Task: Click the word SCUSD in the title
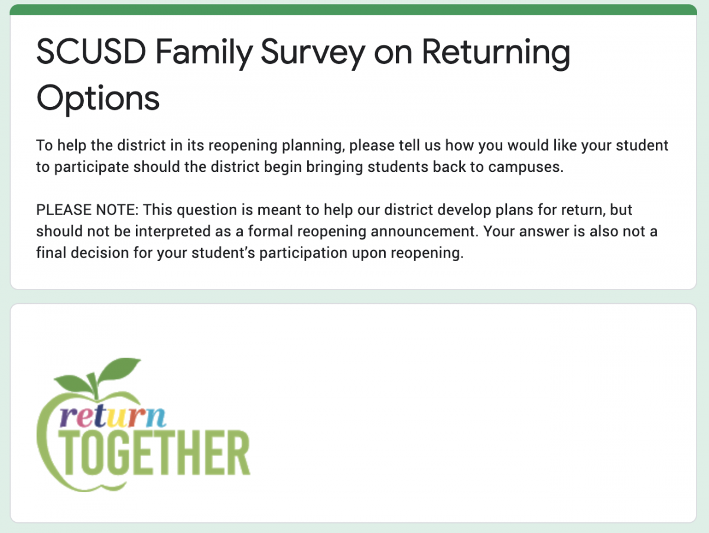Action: [91, 52]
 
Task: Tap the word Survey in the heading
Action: [313, 54]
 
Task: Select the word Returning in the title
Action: [496, 54]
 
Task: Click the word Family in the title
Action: [204, 54]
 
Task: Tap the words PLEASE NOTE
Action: [87, 210]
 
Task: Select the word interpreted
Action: [173, 232]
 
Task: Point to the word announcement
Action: [424, 231]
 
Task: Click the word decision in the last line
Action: [100, 252]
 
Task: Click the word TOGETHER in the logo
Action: [154, 453]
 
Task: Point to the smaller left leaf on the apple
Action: [74, 383]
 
